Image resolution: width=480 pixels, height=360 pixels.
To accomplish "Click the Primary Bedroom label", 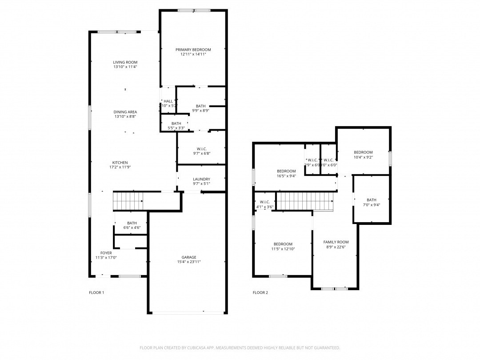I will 193,50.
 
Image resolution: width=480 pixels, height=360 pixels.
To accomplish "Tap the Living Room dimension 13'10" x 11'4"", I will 125,67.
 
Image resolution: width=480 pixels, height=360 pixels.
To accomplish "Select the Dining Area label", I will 125,112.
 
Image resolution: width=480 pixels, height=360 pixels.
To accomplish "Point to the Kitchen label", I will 120,163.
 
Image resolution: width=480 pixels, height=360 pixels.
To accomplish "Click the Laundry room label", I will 201,179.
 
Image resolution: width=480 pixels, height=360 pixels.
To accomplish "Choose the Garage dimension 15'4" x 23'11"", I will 188,262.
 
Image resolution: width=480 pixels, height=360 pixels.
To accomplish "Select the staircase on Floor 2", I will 305,201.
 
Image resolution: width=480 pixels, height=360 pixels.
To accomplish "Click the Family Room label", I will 336,242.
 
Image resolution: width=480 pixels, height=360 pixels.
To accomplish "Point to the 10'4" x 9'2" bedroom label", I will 363,152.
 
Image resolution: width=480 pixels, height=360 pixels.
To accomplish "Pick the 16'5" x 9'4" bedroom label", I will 286,171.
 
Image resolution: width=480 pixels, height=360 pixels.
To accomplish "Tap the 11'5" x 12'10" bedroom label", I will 283,244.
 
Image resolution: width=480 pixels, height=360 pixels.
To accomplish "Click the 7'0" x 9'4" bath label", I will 371,200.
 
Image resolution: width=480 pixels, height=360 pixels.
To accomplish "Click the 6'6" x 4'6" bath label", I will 132,223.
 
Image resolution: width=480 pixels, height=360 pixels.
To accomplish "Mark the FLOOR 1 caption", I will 96,292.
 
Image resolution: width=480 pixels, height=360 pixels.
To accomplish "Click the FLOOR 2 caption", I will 260,292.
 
